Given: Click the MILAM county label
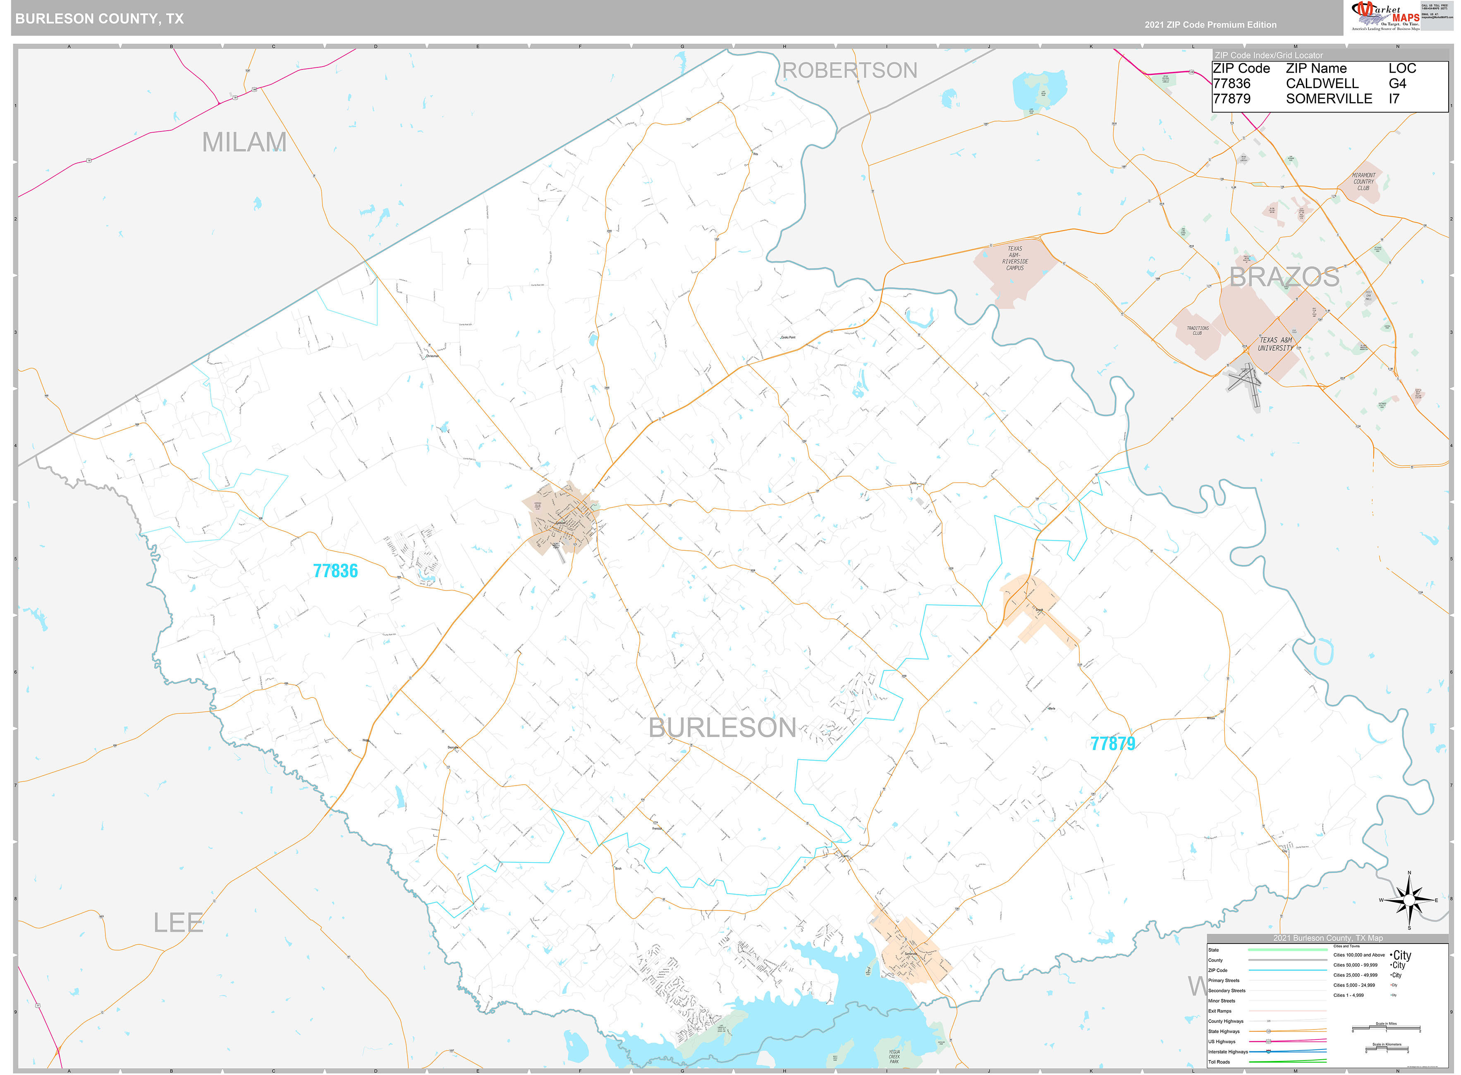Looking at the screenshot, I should [x=244, y=142].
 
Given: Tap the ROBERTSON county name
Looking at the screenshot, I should [x=849, y=70].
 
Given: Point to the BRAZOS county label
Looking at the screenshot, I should [x=1283, y=277].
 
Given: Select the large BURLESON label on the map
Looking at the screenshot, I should [x=722, y=728].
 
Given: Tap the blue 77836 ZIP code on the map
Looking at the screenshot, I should [x=335, y=571].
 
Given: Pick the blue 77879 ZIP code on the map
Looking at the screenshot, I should [x=1112, y=743].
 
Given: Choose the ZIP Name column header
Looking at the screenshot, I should [x=1316, y=68].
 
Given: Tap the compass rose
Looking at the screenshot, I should [x=1409, y=900].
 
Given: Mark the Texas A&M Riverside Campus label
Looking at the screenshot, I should [x=1014, y=258].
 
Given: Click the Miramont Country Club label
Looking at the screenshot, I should [x=1363, y=182].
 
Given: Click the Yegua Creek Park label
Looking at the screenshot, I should [x=894, y=1056].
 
